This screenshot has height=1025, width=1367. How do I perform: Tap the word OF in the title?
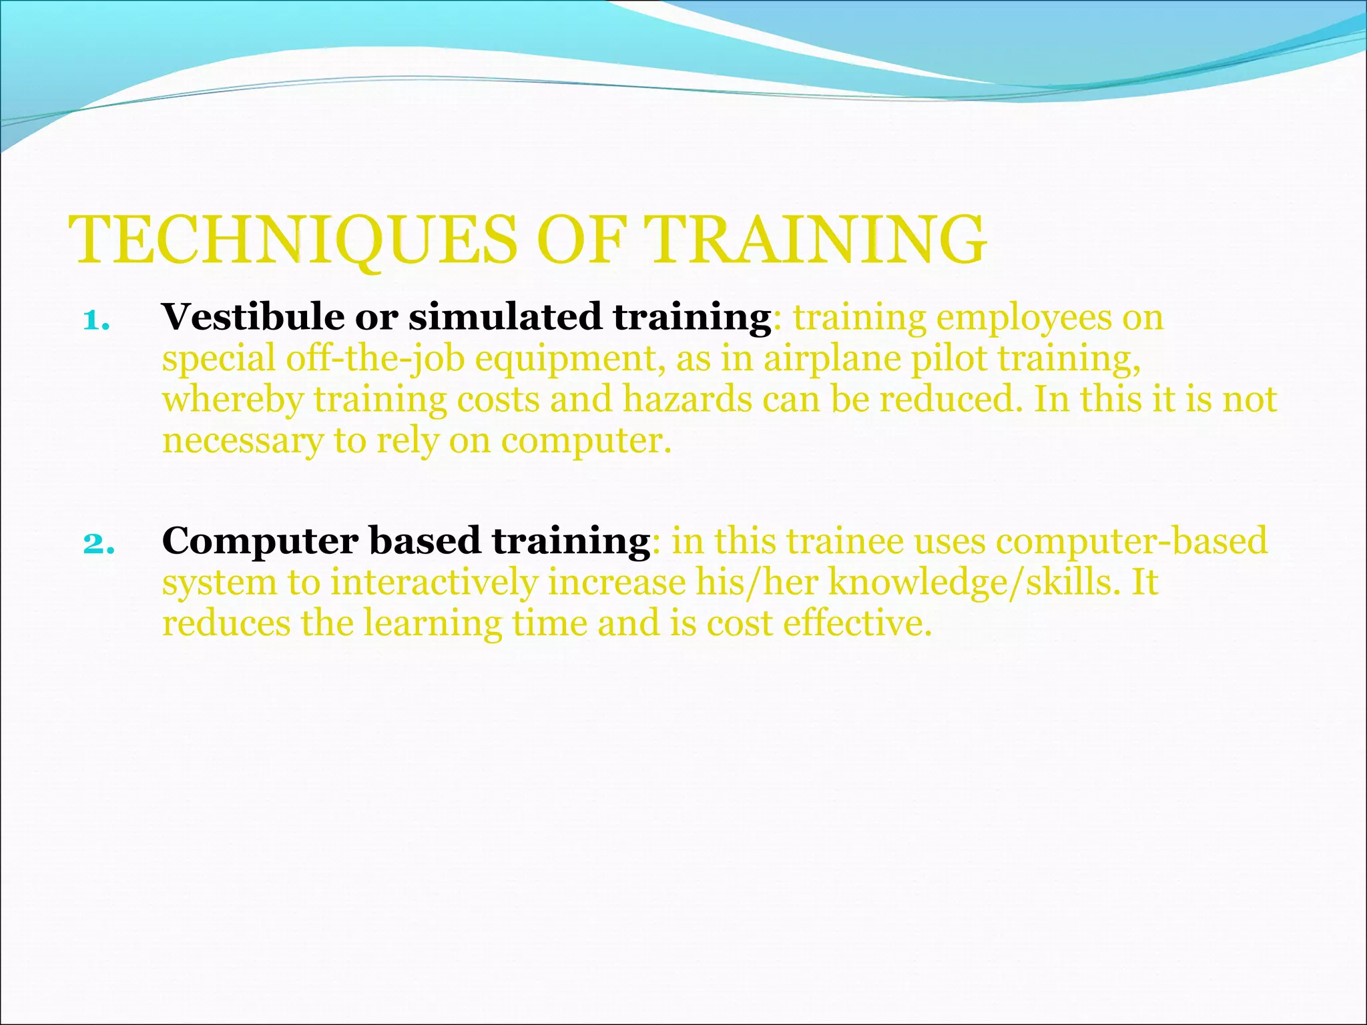pyautogui.click(x=580, y=240)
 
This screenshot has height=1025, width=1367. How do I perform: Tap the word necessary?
pyautogui.click(x=242, y=442)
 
